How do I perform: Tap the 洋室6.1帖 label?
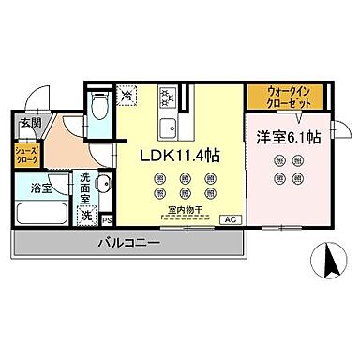coord(288,137)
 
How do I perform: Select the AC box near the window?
coord(227,218)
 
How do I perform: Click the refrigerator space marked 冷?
coord(126,96)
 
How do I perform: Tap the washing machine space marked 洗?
coord(86,215)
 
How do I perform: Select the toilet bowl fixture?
coord(99,109)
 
